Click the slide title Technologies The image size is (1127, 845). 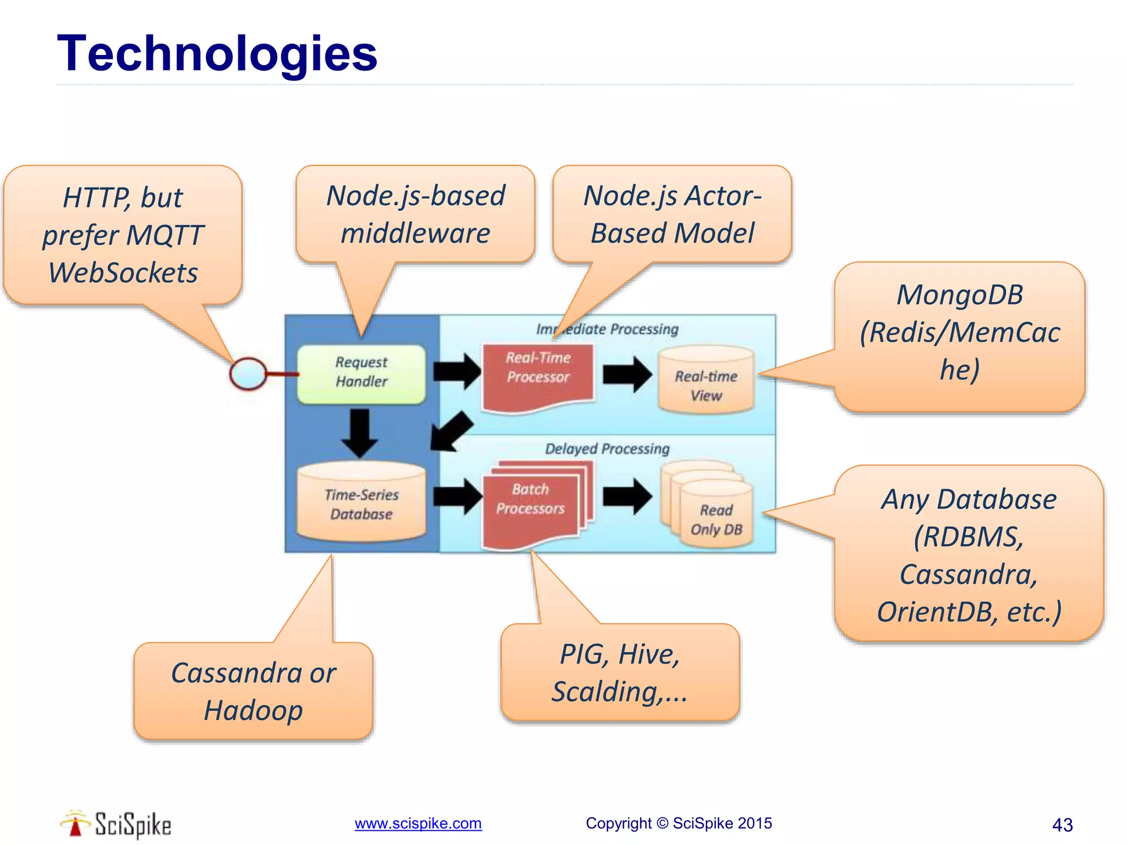217,53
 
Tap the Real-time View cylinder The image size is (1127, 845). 706,382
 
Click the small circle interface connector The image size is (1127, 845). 248,374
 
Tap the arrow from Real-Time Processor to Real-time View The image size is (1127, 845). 627,374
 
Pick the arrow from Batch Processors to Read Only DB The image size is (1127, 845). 627,496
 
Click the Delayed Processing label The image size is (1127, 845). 607,449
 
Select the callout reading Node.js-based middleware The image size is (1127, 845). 415,215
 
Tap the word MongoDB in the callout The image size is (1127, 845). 959,295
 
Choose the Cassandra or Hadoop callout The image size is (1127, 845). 253,691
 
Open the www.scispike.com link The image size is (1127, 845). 418,824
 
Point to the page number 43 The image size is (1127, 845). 1062,825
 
